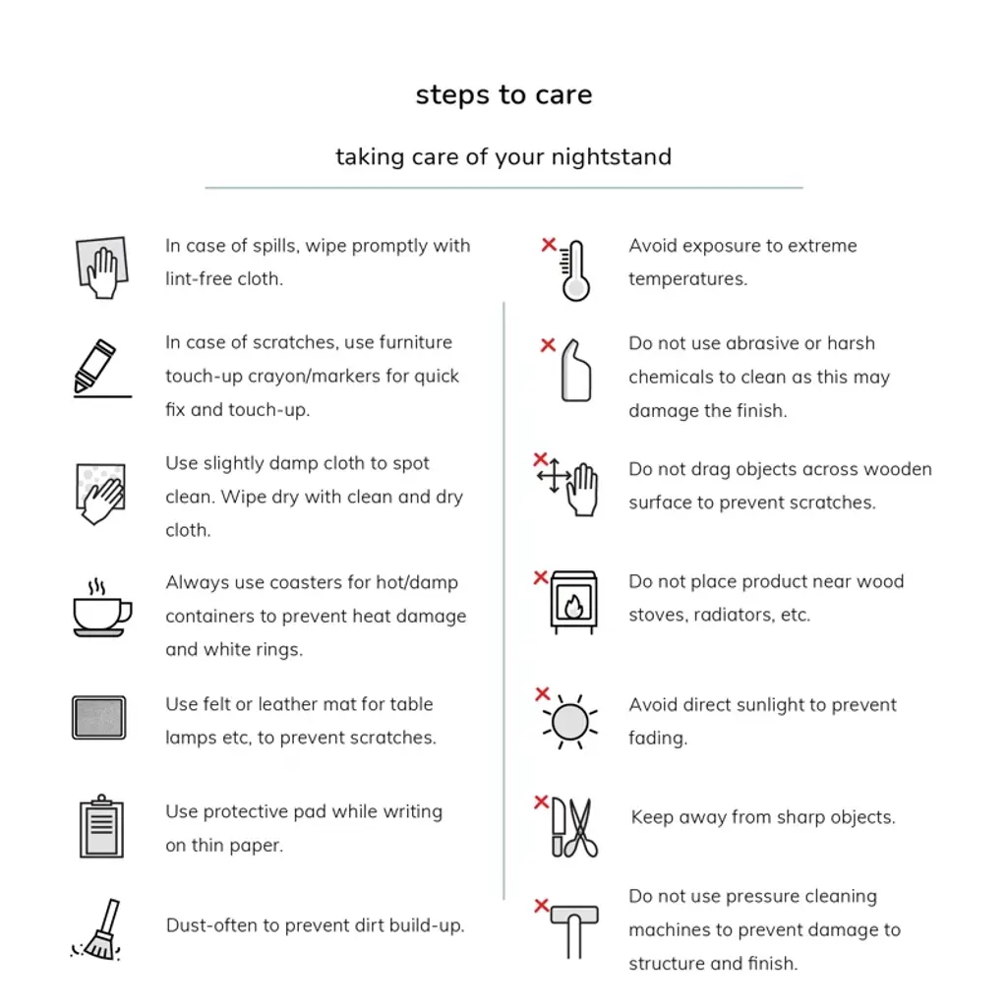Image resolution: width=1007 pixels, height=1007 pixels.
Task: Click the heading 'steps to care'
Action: click(503, 95)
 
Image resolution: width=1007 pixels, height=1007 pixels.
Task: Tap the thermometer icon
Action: click(575, 271)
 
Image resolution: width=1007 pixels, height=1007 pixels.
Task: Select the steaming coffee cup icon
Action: click(100, 610)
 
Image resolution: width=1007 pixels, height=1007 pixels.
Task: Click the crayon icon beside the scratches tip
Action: click(97, 368)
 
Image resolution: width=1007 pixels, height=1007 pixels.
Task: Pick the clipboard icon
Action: click(101, 827)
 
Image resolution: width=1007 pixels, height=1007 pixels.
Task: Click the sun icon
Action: click(569, 723)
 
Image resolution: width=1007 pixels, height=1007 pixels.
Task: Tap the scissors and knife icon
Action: click(574, 828)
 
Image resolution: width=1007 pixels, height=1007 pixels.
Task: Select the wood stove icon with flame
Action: click(573, 602)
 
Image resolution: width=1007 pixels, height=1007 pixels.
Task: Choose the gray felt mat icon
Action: click(98, 718)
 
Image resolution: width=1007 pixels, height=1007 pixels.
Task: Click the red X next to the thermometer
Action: click(549, 245)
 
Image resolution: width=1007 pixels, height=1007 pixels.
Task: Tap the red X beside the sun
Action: click(542, 694)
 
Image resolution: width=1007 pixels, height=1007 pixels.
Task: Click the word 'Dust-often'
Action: click(207, 925)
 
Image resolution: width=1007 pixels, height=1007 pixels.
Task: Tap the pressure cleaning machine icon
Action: click(573, 929)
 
